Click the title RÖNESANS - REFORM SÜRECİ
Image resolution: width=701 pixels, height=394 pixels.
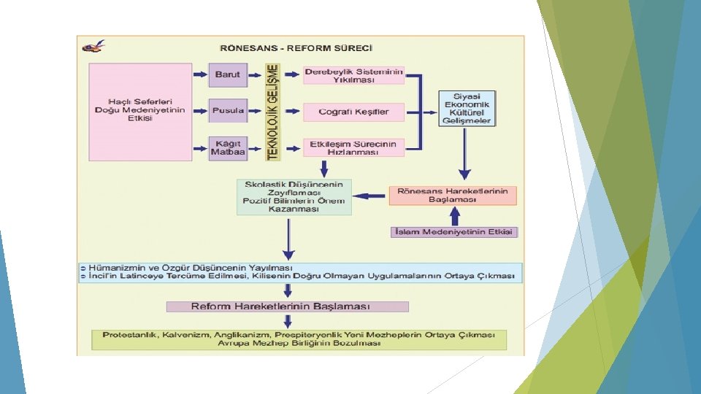(x=296, y=48)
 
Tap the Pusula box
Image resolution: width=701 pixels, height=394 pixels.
(x=228, y=112)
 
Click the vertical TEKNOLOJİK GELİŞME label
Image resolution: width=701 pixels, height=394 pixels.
(x=273, y=111)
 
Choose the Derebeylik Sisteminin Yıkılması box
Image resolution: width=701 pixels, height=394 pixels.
(x=353, y=76)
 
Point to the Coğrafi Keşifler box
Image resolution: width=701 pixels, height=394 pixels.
(x=353, y=112)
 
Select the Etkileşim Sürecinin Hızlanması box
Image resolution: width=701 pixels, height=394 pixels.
(x=353, y=148)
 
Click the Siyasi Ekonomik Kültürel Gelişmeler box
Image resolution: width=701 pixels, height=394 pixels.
(x=467, y=108)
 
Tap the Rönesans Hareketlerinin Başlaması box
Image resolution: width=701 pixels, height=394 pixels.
(x=453, y=195)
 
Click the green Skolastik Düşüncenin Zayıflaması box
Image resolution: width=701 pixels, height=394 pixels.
(x=294, y=196)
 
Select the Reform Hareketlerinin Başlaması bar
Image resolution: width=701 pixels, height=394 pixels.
(x=287, y=306)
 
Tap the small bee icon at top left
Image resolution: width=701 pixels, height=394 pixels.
(x=93, y=46)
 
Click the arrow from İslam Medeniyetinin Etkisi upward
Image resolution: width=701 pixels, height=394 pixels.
(x=455, y=217)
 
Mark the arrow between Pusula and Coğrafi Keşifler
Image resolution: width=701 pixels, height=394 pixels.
(x=292, y=112)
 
